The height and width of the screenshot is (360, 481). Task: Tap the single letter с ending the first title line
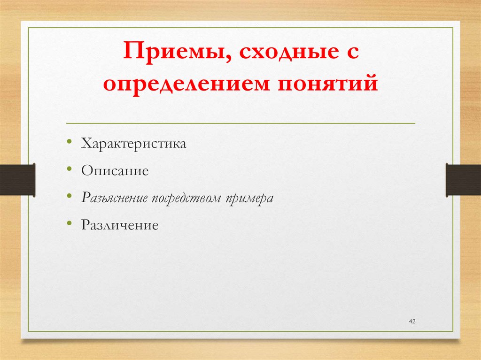[351, 53]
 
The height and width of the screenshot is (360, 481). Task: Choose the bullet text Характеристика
[134, 144]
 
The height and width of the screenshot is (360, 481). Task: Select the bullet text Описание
[115, 171]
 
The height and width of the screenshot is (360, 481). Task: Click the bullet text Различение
[120, 225]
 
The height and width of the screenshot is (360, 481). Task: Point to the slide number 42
[413, 321]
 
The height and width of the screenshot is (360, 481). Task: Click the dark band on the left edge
[17, 180]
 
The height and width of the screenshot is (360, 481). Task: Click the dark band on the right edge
[463, 180]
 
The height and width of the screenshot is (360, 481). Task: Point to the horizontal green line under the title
[240, 123]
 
